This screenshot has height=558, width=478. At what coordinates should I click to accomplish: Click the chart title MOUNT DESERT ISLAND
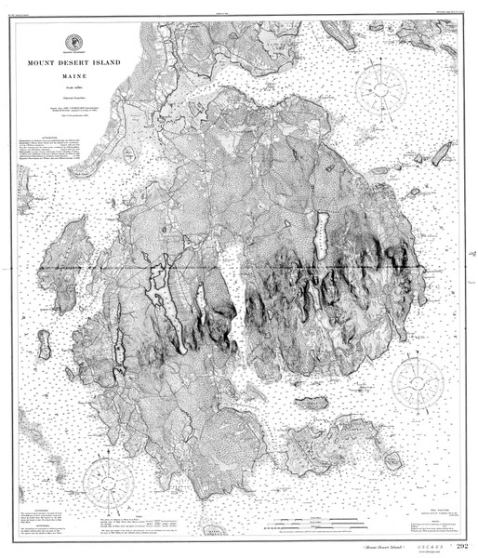coord(73,64)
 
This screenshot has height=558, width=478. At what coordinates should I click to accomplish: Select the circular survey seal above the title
coord(73,43)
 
